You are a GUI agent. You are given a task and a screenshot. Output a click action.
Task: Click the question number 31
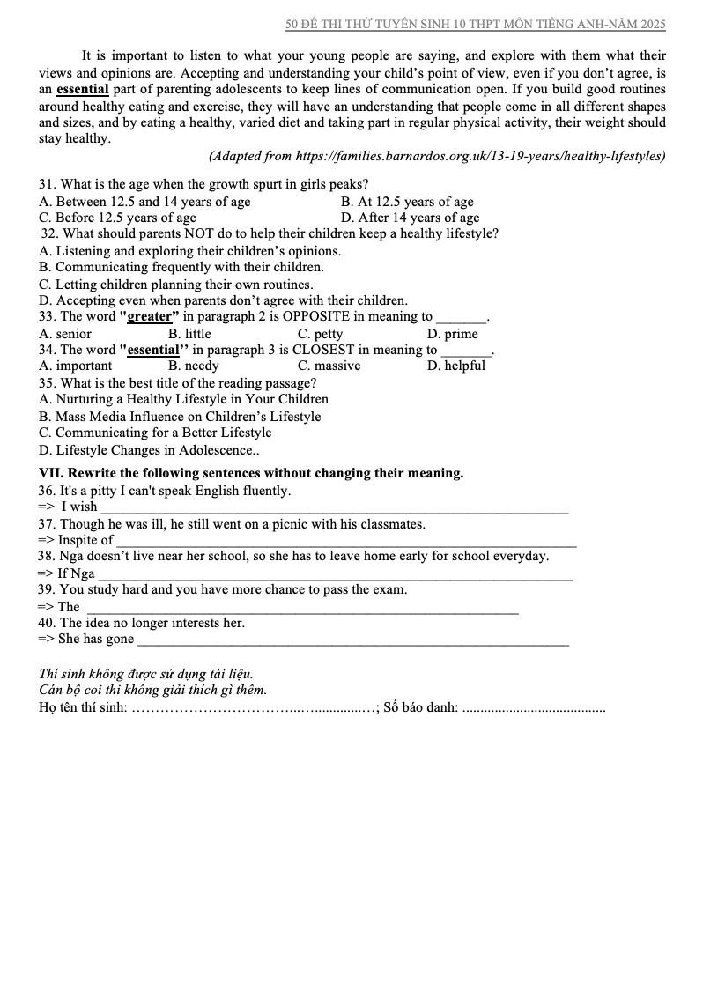click(48, 185)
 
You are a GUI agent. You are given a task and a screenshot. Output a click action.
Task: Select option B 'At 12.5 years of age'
click(407, 202)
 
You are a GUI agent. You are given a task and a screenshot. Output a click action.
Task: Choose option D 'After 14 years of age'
click(410, 218)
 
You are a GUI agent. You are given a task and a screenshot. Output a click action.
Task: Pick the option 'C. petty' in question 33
click(320, 334)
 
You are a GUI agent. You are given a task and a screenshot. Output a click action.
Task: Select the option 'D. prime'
click(452, 334)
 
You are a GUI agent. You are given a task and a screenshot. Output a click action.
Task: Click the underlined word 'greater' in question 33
click(148, 317)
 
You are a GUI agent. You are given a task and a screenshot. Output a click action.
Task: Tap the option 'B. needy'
click(194, 366)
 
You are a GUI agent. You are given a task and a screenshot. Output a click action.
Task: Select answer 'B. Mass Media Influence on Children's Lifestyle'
click(180, 417)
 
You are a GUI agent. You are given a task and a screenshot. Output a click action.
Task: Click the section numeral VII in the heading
click(50, 473)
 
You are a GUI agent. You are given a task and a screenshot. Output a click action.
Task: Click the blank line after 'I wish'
click(335, 508)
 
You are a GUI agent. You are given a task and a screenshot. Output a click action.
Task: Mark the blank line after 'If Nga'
click(335, 575)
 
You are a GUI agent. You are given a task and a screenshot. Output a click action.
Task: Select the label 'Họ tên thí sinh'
click(83, 706)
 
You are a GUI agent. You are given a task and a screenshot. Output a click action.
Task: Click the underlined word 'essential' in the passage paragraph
click(82, 89)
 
